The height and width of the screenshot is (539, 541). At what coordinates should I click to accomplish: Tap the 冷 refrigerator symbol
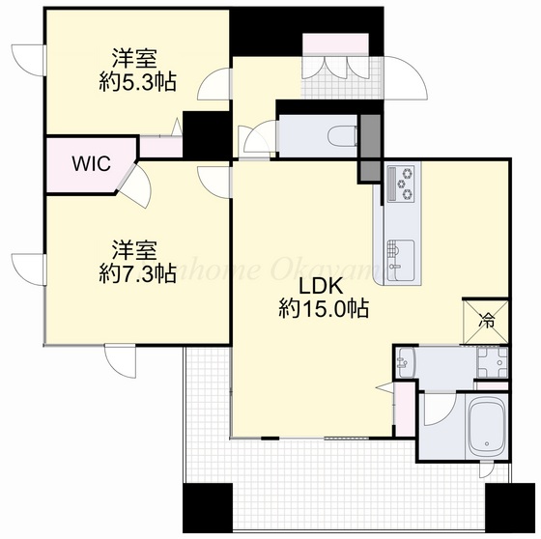487,321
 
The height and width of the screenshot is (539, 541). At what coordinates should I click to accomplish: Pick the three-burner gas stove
404,183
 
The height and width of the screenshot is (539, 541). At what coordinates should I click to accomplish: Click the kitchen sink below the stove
399,254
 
